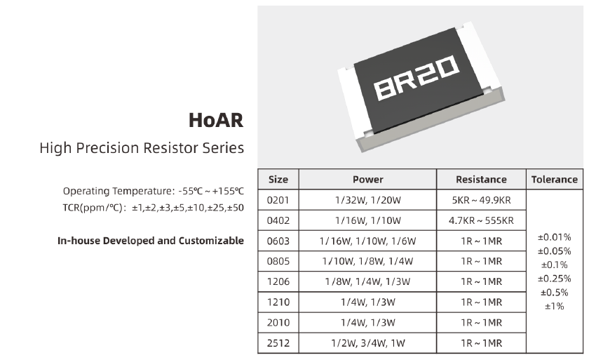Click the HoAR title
(x=216, y=120)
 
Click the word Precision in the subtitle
(x=107, y=147)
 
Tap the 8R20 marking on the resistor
(x=416, y=77)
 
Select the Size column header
(x=278, y=180)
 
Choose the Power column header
(x=368, y=180)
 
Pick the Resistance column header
(x=481, y=180)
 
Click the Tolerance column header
(x=555, y=180)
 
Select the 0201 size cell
(x=278, y=200)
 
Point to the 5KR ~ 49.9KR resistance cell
(x=481, y=200)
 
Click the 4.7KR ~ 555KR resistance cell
(x=481, y=221)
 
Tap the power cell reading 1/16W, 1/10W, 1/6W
(x=368, y=241)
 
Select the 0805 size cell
(x=278, y=262)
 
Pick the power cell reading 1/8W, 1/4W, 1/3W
(x=368, y=281)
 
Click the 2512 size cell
(x=278, y=343)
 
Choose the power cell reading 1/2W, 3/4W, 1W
(x=368, y=343)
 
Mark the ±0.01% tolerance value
(x=555, y=237)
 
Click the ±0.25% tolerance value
(x=555, y=279)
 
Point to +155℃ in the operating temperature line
(x=228, y=191)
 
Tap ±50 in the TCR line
(x=236, y=208)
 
